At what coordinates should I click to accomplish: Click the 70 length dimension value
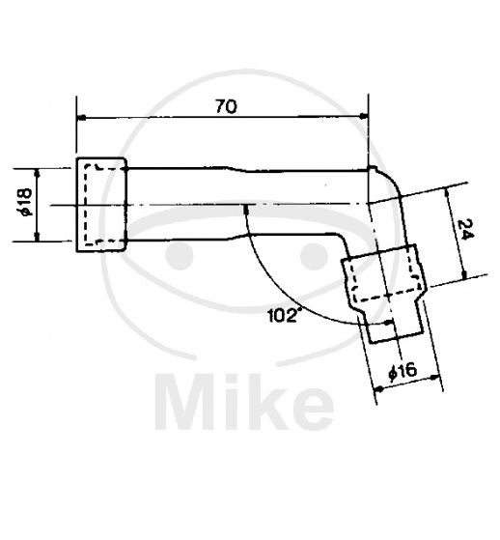(x=226, y=106)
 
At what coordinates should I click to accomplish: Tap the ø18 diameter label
(x=26, y=203)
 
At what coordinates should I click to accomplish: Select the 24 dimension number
(x=466, y=229)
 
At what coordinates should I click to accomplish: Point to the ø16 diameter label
(x=403, y=372)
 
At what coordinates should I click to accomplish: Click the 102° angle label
(x=282, y=316)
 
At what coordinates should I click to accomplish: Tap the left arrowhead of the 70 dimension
(x=81, y=118)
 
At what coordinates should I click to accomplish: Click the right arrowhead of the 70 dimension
(x=363, y=117)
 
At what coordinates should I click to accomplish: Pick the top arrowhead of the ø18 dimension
(x=38, y=173)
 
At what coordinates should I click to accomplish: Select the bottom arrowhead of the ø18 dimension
(x=38, y=237)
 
